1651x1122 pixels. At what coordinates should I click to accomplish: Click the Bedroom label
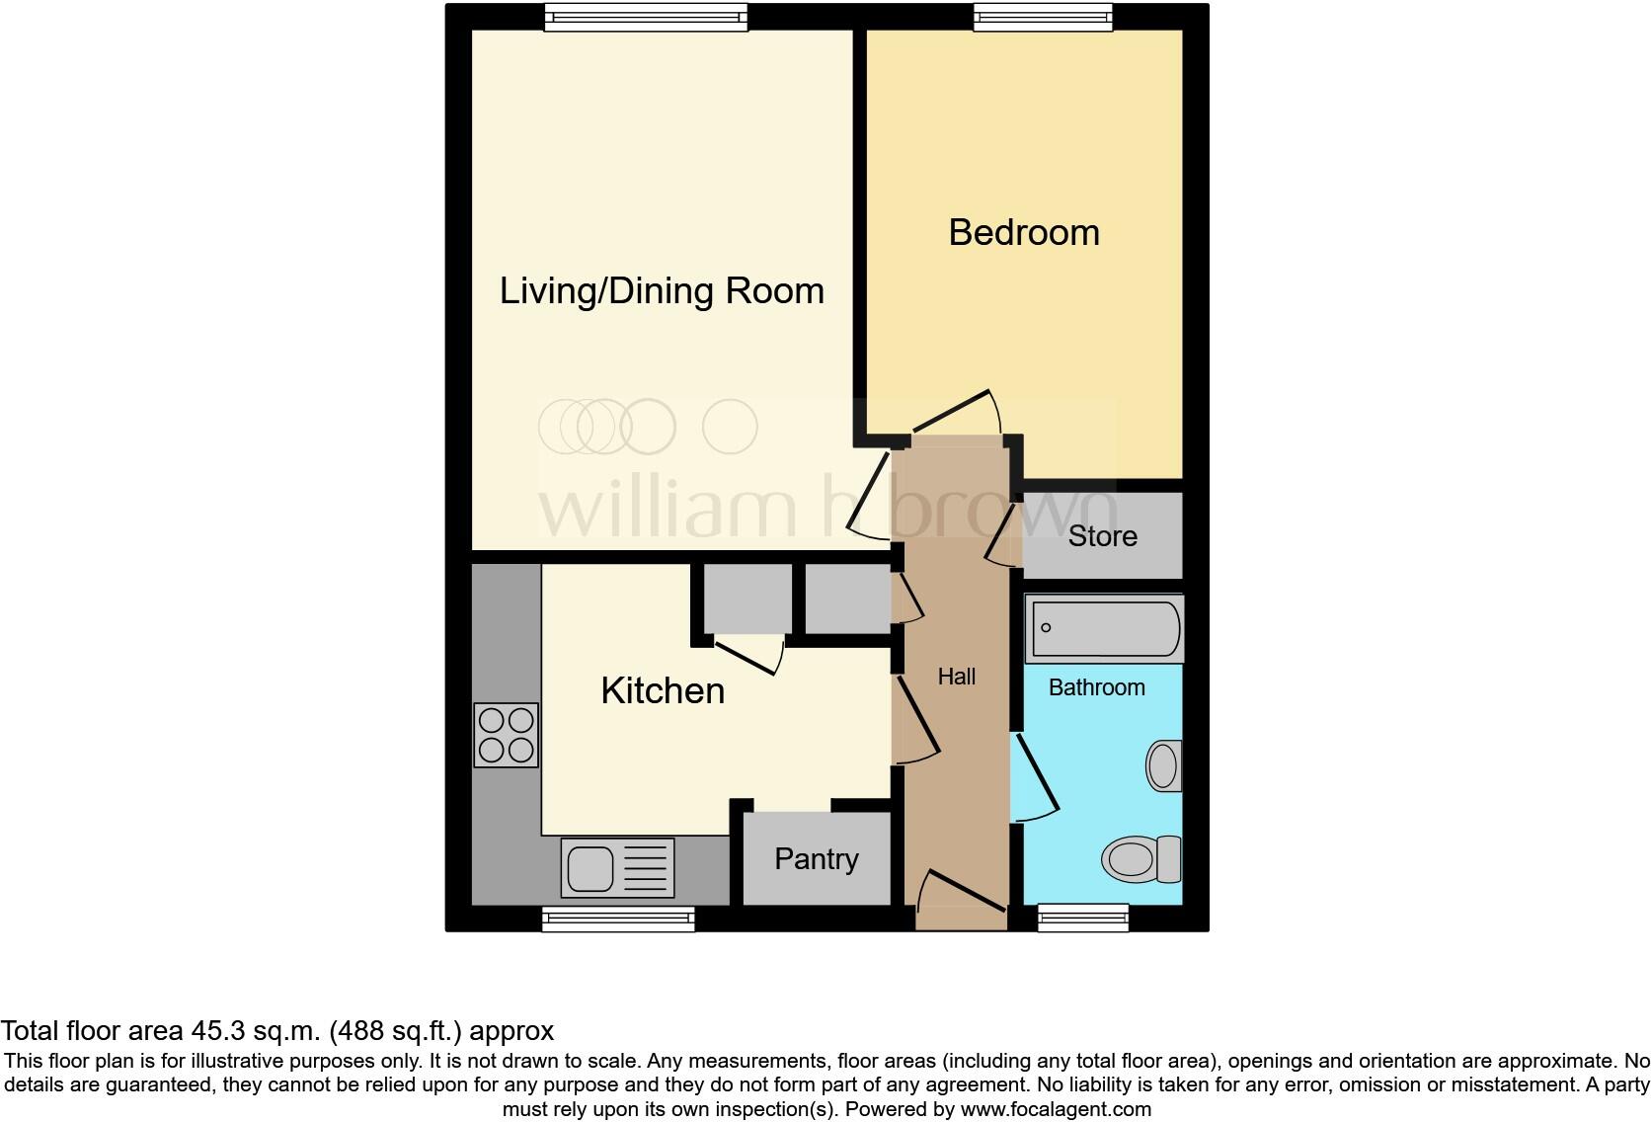1024,233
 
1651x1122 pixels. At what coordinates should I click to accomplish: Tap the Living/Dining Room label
662,291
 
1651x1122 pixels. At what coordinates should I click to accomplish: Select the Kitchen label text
663,690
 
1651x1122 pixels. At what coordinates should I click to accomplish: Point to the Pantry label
816,859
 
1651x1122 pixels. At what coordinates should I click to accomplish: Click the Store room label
1102,536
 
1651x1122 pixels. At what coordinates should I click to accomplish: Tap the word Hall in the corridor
956,677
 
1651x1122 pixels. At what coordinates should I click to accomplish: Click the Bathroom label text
1096,687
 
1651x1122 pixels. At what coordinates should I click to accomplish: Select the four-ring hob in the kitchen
507,735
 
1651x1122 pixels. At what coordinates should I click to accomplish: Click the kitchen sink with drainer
617,867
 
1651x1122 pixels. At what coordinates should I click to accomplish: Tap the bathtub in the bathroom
1104,628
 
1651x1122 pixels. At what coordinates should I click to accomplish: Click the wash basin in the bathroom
1164,765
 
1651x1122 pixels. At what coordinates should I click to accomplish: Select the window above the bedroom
1043,16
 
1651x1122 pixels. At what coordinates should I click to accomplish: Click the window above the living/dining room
646,16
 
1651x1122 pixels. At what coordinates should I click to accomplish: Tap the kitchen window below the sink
618,920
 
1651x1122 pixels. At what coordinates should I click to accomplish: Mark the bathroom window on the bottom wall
1083,919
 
